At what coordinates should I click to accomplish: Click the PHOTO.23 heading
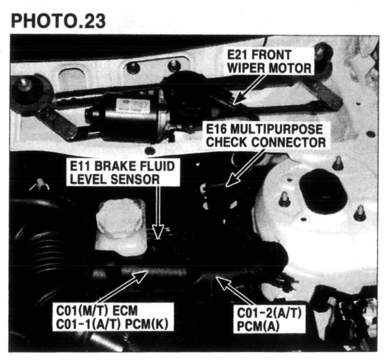coord(58,21)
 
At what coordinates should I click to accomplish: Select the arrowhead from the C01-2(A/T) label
coord(223,283)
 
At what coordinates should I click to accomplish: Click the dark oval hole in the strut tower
coord(320,191)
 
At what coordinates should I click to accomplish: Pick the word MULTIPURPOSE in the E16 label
coord(276,129)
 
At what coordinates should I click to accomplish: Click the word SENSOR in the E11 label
coord(135,179)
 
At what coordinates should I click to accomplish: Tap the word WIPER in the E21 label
coord(246,68)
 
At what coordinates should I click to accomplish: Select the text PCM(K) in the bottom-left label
coord(147,325)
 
